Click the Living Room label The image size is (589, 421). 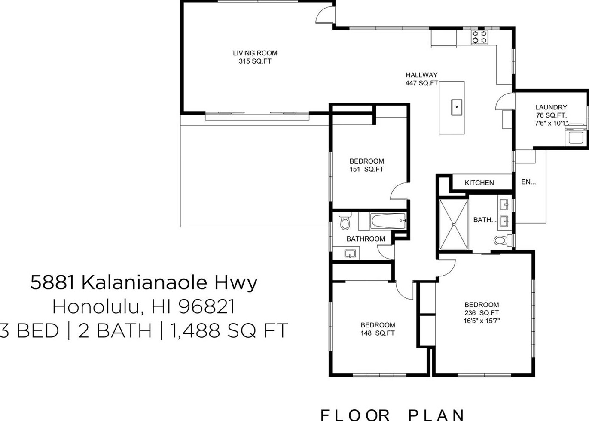coord(255,53)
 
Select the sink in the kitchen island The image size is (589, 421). coord(456,107)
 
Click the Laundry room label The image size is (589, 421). coord(551,107)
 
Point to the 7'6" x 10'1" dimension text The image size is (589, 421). coord(551,124)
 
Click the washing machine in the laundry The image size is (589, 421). coord(576,136)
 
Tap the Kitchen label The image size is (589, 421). coord(479,183)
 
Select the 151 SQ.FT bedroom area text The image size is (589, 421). coord(366,170)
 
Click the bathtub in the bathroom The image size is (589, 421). coord(388,221)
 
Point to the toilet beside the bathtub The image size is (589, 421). coord(345,222)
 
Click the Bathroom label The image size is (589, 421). coord(366,239)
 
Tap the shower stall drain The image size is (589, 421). coord(454,224)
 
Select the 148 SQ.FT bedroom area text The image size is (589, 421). coord(378,333)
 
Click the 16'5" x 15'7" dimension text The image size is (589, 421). coord(482,321)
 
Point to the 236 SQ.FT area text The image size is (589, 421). coord(482,313)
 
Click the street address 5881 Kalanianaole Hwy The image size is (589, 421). coord(144,283)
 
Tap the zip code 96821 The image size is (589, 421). coord(207,307)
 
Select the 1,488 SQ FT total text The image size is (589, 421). coord(229,331)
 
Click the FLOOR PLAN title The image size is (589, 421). coord(392,415)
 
